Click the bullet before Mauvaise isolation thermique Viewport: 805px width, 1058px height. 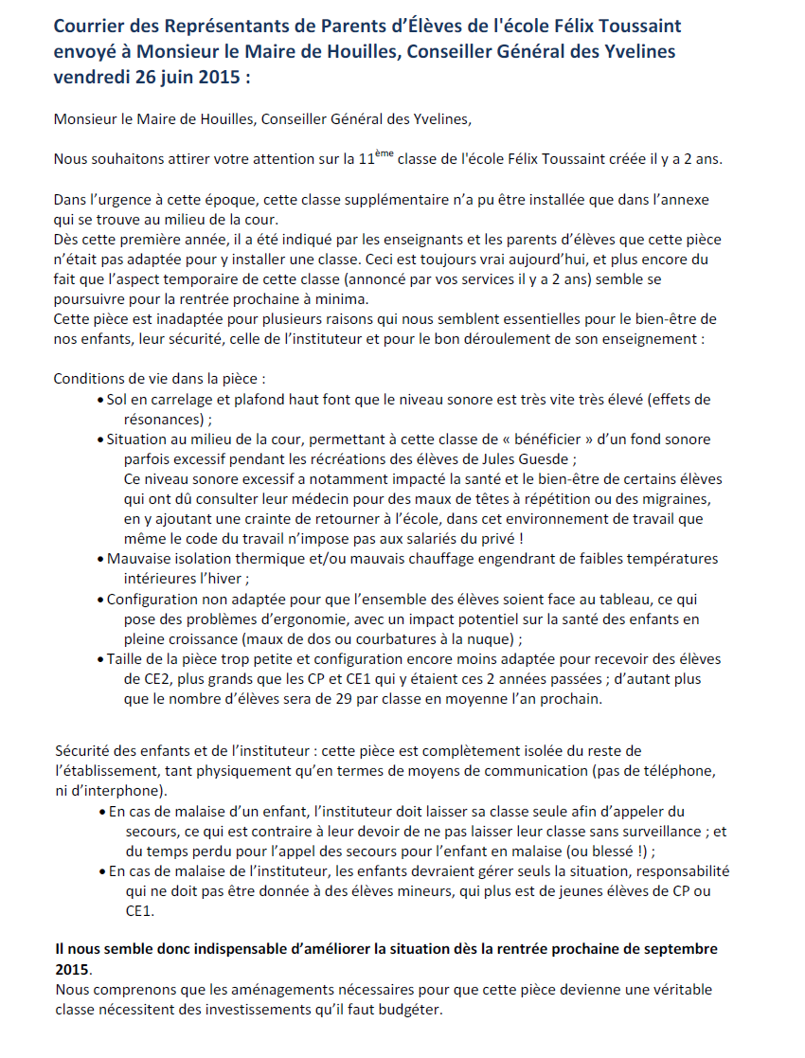click(100, 559)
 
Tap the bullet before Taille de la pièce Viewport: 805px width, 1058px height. click(100, 659)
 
